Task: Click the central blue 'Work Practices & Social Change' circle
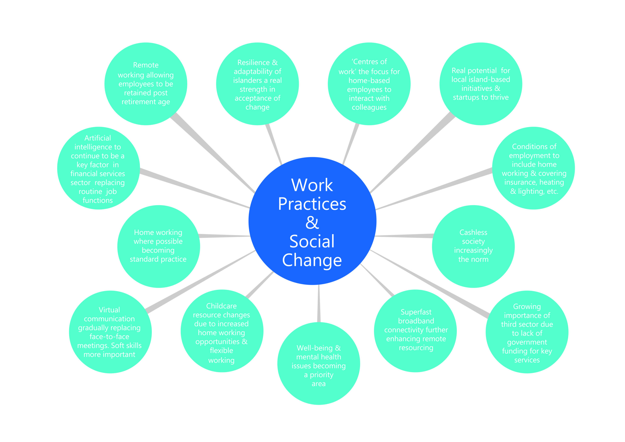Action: (x=312, y=221)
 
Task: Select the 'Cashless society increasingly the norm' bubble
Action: (x=473, y=246)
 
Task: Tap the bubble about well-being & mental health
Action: (x=319, y=363)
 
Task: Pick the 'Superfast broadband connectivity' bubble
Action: (x=415, y=331)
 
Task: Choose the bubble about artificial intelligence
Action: (x=99, y=168)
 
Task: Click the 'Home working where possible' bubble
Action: (x=159, y=246)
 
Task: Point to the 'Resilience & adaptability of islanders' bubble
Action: (x=258, y=84)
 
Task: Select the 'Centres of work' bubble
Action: (x=369, y=84)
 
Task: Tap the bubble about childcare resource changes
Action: (x=222, y=331)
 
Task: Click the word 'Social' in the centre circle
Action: (x=312, y=241)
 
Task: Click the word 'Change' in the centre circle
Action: (x=312, y=260)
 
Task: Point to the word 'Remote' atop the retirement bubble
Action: (x=146, y=65)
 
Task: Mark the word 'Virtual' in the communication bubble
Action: (x=109, y=310)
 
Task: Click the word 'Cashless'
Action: (x=473, y=232)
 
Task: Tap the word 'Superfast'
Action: (x=416, y=312)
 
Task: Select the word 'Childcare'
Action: (x=221, y=306)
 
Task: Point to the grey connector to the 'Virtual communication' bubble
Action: (x=201, y=281)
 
